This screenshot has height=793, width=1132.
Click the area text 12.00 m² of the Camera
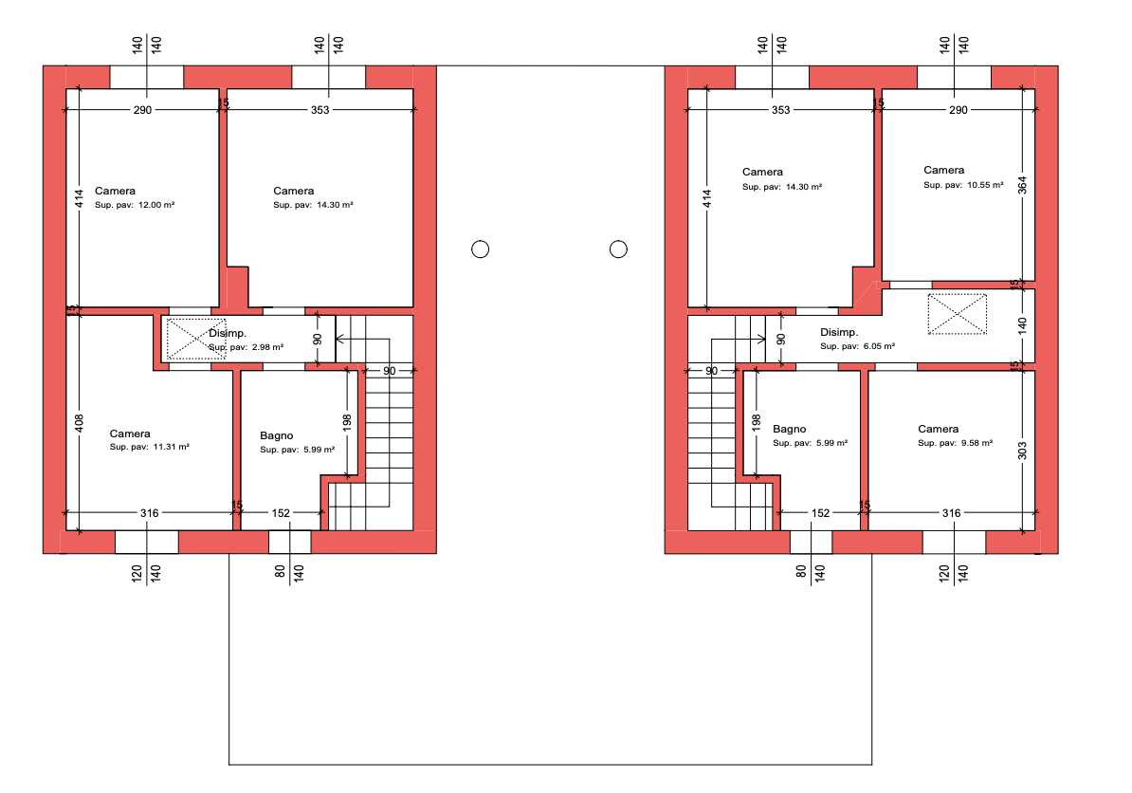[155, 205]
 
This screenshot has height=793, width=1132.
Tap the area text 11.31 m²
[171, 447]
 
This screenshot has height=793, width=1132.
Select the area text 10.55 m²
[985, 185]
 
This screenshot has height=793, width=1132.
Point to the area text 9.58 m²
[976, 443]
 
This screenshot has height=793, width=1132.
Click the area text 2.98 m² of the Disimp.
[268, 347]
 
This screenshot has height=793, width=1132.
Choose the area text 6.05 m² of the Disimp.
[879, 346]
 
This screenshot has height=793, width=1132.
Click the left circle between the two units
[480, 249]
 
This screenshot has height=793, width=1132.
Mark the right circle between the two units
[619, 249]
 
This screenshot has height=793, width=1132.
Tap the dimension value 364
[1022, 186]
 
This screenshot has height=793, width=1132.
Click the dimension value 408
[79, 423]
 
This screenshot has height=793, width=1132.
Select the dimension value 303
[1022, 451]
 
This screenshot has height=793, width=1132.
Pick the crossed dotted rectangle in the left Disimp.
[196, 340]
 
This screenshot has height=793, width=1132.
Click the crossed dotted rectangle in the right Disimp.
[958, 314]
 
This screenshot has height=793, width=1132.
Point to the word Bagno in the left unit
[277, 435]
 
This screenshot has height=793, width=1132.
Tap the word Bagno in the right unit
[789, 429]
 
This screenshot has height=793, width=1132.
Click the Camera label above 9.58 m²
[938, 429]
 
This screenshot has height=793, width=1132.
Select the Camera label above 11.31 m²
[130, 434]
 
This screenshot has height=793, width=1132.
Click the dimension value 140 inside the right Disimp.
[1022, 325]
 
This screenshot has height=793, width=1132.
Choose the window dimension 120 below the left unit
[137, 574]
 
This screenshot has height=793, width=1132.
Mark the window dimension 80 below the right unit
[800, 571]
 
